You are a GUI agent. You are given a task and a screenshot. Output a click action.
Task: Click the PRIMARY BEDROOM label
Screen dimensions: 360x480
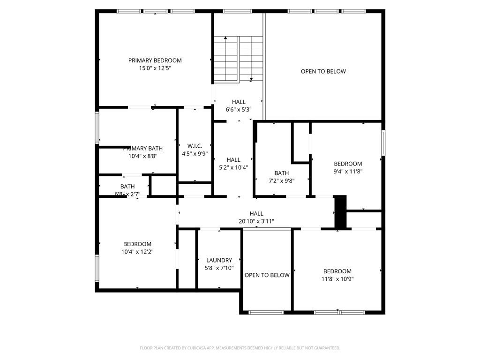tap(155, 60)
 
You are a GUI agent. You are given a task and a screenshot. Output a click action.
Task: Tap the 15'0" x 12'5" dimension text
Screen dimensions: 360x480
tap(155, 68)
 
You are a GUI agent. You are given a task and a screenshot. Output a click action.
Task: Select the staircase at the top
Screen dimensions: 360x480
tap(239, 59)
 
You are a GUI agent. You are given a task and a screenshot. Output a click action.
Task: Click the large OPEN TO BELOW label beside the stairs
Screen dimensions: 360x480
tap(323, 72)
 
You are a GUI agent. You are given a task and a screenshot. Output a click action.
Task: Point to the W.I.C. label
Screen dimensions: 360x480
tap(195, 146)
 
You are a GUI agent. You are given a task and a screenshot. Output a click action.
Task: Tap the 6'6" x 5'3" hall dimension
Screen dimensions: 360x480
tap(239, 110)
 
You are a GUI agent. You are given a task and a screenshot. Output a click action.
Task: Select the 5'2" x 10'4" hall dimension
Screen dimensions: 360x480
tap(233, 167)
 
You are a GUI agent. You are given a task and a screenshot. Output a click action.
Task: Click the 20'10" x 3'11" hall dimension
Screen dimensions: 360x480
tap(256, 221)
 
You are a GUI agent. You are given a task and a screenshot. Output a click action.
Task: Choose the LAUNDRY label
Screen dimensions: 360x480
tap(219, 260)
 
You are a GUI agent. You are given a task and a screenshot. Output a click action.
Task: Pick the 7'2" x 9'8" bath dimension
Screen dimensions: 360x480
tap(282, 181)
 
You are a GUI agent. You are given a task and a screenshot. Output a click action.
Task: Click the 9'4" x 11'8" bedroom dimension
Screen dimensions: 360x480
tap(348, 172)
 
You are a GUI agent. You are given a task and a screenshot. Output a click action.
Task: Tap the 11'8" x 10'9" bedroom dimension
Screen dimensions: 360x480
tap(337, 279)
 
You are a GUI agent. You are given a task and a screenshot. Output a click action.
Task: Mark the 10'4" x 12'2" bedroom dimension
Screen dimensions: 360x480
tap(137, 252)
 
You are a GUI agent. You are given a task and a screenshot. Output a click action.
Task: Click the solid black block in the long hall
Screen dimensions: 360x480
tap(340, 212)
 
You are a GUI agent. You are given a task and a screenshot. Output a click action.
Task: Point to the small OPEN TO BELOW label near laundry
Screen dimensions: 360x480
tap(267, 275)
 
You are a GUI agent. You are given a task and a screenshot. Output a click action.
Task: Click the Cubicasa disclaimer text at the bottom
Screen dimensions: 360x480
tap(240, 348)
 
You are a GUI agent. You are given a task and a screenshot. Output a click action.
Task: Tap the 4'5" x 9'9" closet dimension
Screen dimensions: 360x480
tap(195, 153)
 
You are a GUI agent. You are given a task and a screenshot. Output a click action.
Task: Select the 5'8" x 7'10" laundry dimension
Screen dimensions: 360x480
tap(219, 268)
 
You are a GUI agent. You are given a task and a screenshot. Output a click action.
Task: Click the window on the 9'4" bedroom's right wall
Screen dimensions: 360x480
tap(383, 143)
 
